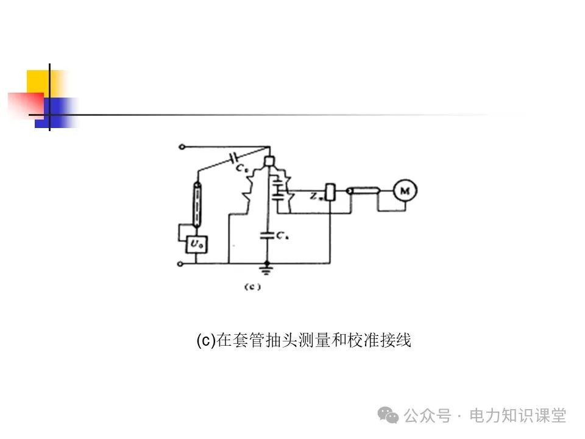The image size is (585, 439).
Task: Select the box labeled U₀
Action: [195, 245]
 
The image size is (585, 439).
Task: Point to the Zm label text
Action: [315, 196]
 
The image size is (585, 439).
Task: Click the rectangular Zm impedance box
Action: [330, 192]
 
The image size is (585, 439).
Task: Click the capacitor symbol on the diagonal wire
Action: [233, 159]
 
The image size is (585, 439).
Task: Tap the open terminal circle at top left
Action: [180, 147]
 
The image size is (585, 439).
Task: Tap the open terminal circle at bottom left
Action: [180, 264]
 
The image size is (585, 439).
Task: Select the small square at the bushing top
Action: [269, 162]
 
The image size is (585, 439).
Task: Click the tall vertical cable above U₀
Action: [196, 204]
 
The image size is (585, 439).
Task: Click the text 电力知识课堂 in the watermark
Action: [518, 416]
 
